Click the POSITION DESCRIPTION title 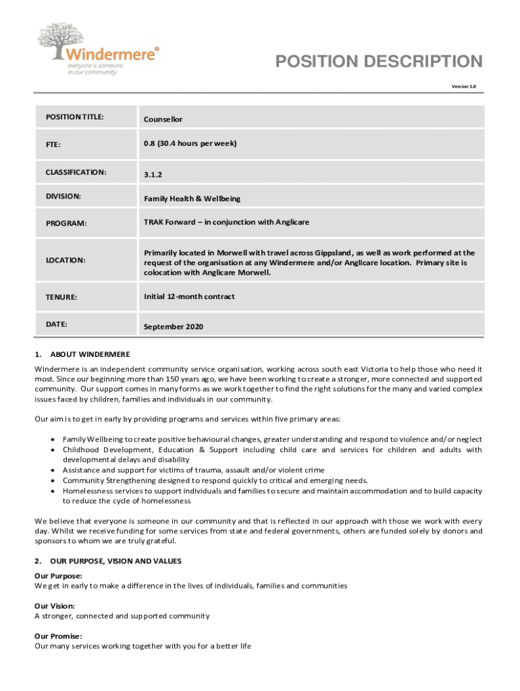(379, 62)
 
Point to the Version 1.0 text (464, 86)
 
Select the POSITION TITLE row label (74, 117)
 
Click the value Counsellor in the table (163, 119)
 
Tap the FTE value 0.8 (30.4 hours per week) (190, 144)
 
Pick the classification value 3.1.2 (153, 175)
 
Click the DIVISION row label (63, 196)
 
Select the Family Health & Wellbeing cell (192, 199)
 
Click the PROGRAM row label (66, 223)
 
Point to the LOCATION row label (66, 260)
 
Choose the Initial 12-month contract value (189, 296)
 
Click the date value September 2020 (173, 327)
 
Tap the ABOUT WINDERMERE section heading (90, 354)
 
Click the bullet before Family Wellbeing (52, 439)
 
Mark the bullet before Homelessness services (52, 491)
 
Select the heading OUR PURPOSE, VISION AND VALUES (115, 561)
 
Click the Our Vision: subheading (55, 606)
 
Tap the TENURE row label (61, 297)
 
